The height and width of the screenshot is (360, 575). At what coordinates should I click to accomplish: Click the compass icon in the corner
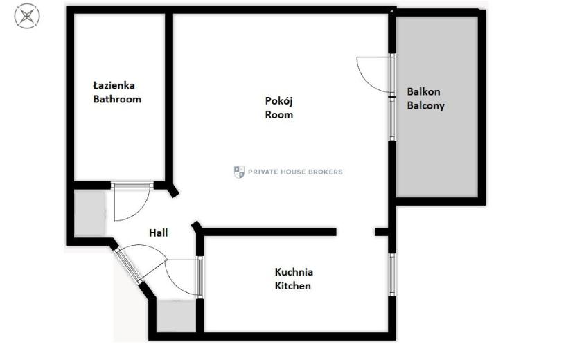coord(27,16)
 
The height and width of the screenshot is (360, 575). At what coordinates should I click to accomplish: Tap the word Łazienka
coord(114,86)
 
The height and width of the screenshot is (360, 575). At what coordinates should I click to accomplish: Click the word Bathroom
coord(117,100)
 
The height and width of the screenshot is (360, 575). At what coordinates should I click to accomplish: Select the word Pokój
coord(278,101)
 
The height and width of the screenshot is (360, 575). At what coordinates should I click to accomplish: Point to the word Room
coord(278,115)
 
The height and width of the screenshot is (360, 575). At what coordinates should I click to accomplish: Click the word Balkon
coord(423,91)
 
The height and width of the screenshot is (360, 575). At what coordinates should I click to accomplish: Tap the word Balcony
coord(426,106)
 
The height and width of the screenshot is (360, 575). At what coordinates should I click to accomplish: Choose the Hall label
coord(159,233)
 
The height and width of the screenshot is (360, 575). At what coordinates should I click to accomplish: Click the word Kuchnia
coord(294,272)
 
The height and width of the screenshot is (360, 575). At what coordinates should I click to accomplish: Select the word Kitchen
coord(292,286)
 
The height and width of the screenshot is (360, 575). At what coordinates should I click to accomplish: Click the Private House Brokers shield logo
coord(239,172)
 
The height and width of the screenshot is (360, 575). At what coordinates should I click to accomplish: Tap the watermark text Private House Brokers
coord(295,172)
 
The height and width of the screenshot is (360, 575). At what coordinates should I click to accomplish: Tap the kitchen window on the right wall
coord(392,275)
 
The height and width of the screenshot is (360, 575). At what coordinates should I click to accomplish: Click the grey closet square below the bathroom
coord(90,213)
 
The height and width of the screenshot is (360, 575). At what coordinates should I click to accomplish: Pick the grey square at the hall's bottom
coord(176,316)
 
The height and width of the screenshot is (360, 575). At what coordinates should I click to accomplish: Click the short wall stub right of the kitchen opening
coord(382,232)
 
